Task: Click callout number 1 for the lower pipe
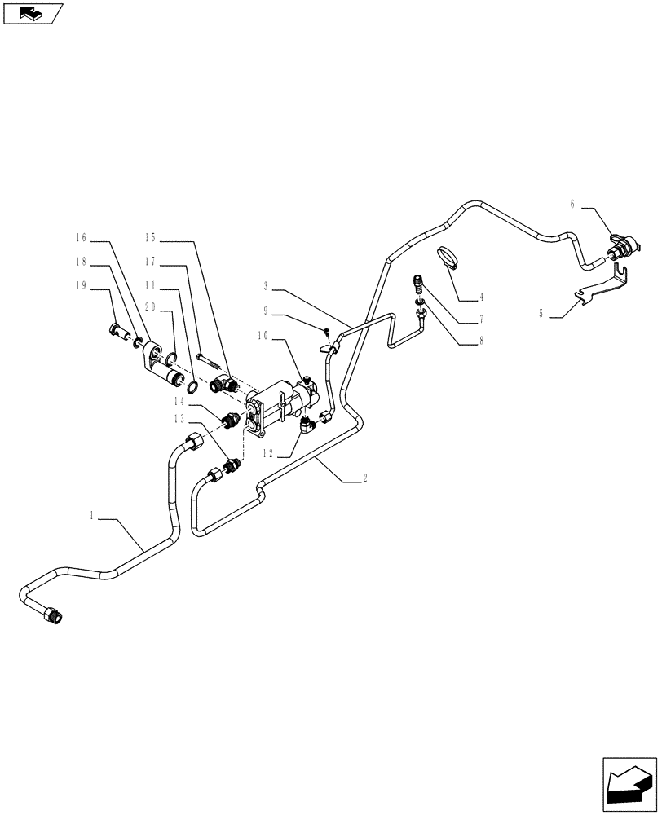click(94, 514)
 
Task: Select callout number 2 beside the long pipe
click(364, 480)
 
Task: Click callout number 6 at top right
click(572, 205)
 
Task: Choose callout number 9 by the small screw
click(266, 310)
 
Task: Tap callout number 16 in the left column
click(80, 238)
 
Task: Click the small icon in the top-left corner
click(32, 13)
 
